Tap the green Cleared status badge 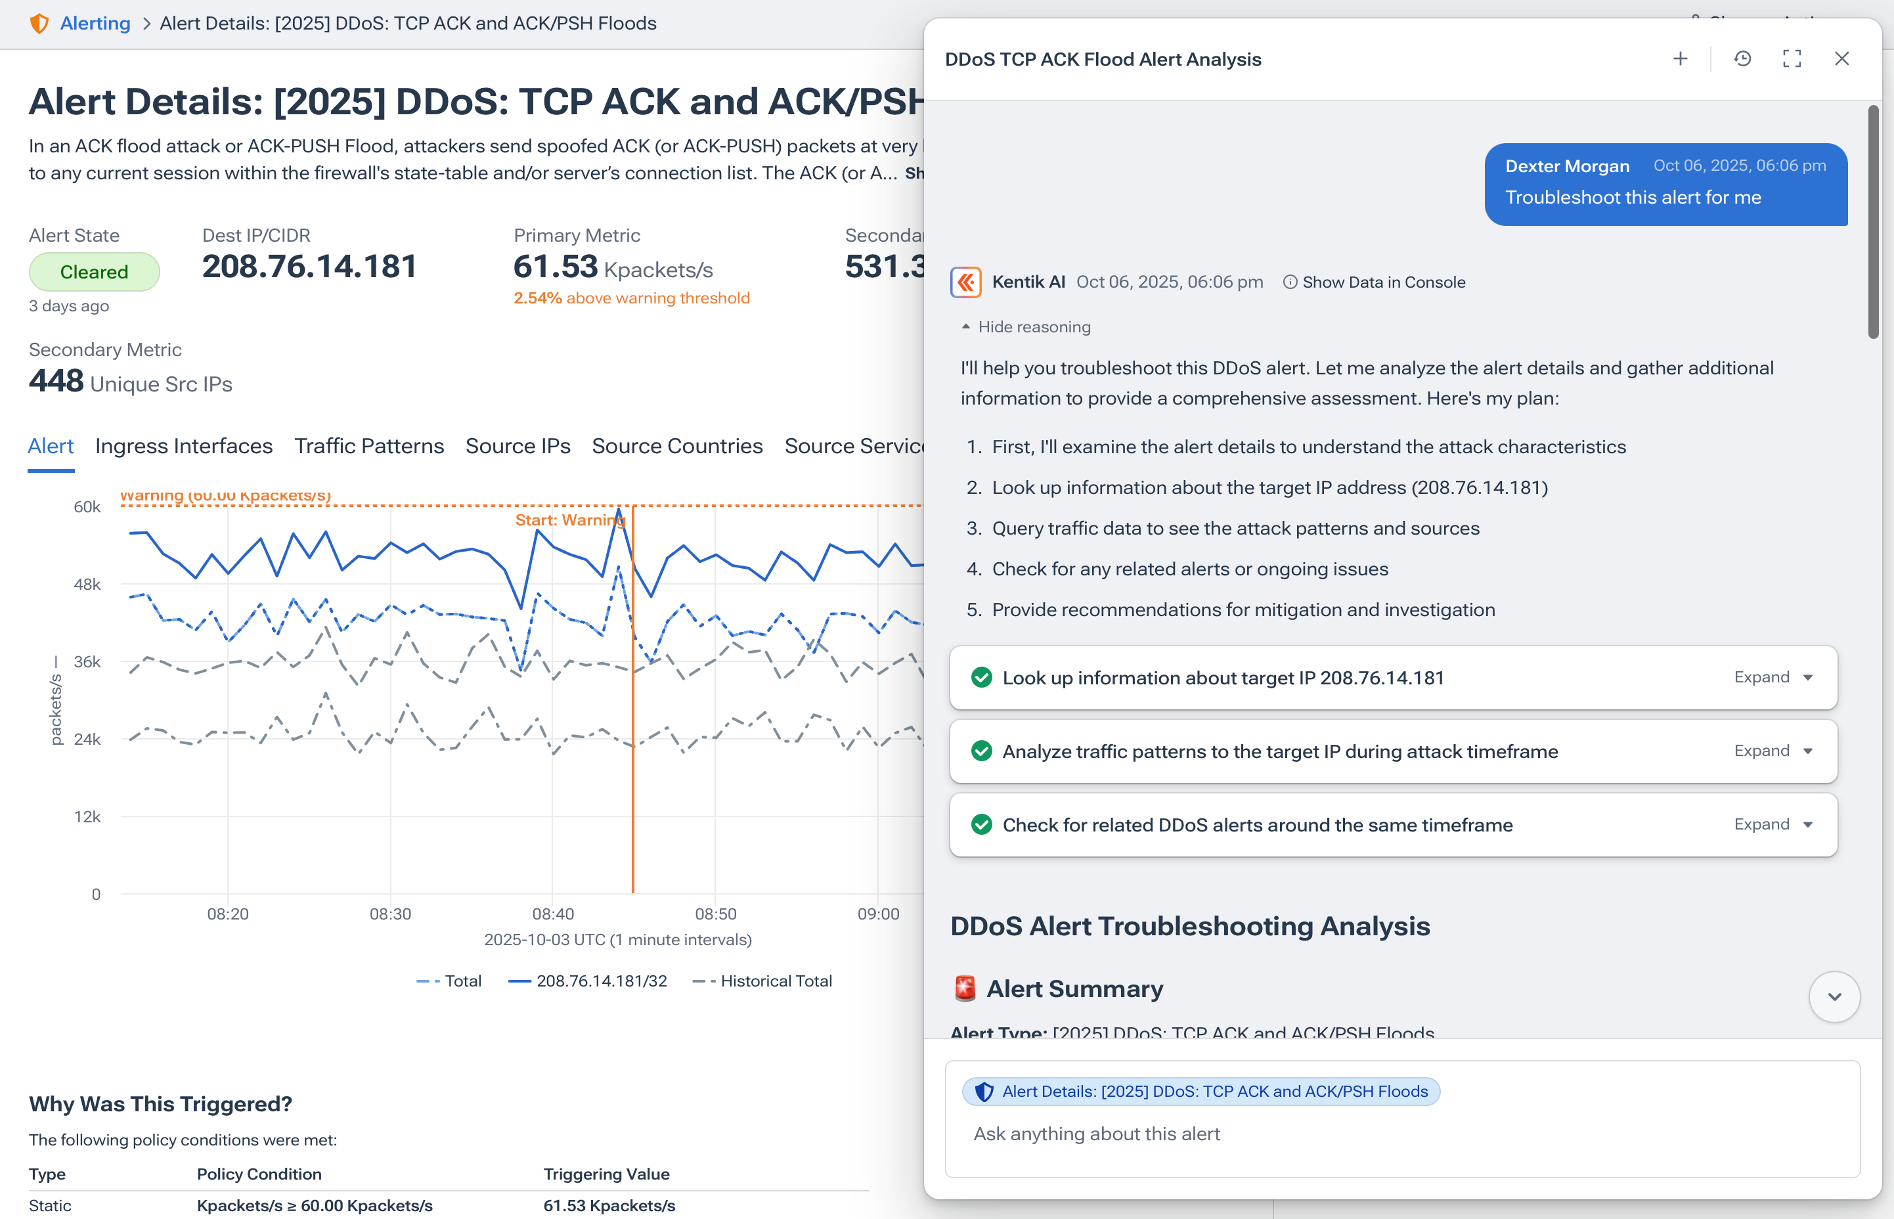94,271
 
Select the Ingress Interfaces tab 184,446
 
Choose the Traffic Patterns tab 369,446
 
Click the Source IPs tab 518,446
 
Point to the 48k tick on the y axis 87,584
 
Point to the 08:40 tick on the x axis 552,914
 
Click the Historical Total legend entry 775,981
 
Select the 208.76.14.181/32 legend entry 601,981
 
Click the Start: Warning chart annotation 570,520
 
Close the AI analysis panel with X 1841,58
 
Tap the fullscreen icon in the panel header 1792,58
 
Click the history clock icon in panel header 1742,58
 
